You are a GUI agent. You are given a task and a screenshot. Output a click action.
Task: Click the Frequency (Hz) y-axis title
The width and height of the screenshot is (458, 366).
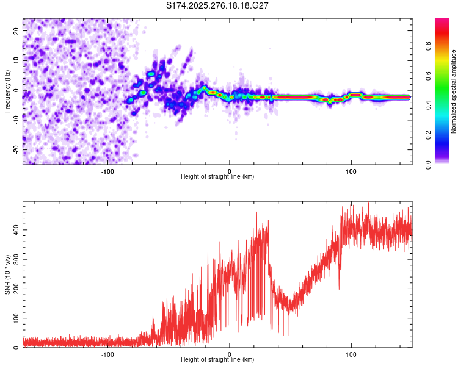7,91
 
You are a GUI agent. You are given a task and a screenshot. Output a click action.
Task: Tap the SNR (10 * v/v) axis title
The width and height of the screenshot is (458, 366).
7,274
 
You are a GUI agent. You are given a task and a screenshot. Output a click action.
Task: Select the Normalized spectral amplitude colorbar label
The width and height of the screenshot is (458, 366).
453,91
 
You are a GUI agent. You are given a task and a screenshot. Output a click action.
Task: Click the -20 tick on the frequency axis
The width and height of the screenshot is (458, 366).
15,149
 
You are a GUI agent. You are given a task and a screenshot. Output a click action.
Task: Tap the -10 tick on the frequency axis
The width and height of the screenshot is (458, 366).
15,120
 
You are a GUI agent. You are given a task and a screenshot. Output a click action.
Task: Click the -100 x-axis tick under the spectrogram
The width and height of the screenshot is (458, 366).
108,171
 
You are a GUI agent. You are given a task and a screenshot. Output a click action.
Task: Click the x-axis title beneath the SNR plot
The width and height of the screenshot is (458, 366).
218,360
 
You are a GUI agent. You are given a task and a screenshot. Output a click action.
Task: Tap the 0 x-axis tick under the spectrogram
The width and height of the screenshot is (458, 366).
230,171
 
